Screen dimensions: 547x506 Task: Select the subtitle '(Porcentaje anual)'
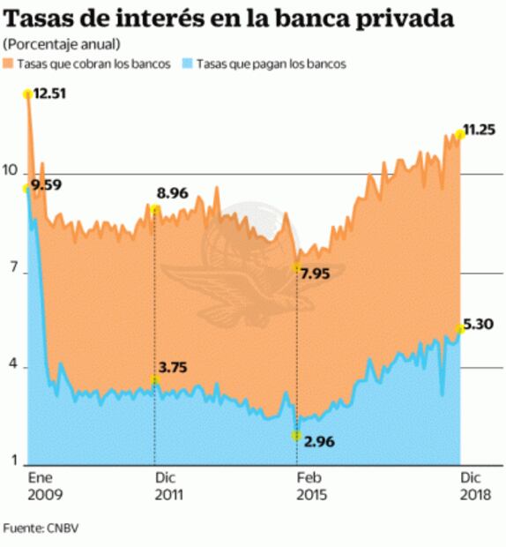coord(62,44)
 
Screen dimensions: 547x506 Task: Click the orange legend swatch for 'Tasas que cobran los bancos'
coord(9,64)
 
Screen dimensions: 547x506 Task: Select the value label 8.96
coord(175,193)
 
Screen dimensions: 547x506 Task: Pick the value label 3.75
coord(175,366)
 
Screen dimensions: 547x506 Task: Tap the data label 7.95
coord(315,273)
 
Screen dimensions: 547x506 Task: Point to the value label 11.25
coord(480,129)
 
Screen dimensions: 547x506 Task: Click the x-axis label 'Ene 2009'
coord(45,485)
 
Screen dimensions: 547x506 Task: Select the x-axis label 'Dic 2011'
coord(169,485)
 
